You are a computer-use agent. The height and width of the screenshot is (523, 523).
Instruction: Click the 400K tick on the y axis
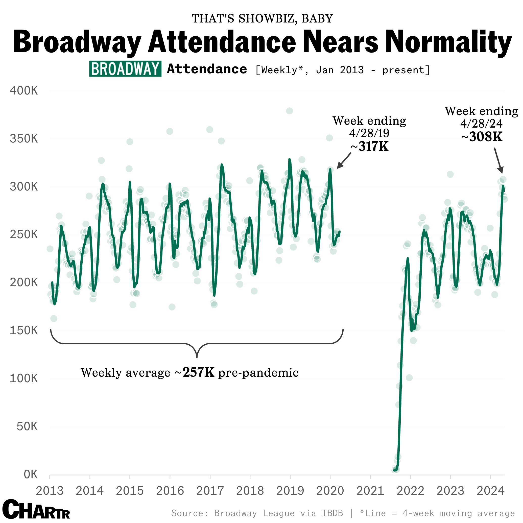click(x=24, y=91)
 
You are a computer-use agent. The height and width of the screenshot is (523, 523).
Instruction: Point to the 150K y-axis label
click(x=24, y=330)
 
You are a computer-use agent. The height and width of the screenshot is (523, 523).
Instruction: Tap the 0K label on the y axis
click(x=30, y=474)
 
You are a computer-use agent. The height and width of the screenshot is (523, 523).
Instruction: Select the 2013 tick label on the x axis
click(x=50, y=491)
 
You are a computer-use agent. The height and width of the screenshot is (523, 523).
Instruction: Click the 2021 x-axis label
click(x=370, y=491)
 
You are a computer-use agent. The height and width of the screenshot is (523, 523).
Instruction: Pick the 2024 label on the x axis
click(x=490, y=491)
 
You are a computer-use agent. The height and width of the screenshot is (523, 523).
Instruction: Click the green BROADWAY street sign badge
click(x=125, y=69)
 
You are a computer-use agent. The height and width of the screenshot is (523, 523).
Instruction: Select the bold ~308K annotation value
click(x=482, y=137)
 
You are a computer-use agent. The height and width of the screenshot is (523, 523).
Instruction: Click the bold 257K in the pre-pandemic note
click(x=198, y=372)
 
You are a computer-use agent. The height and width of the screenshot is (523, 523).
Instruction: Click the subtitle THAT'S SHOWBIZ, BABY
click(x=262, y=18)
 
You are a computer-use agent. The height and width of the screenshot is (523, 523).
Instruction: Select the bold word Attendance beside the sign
click(x=207, y=69)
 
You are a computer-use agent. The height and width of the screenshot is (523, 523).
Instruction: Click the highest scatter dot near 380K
click(x=289, y=111)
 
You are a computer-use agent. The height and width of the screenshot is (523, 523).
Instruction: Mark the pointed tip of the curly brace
click(x=197, y=357)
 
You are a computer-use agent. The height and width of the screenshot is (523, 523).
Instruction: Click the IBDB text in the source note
click(x=332, y=513)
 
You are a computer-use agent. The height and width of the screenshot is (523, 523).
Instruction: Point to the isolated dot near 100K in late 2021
click(x=409, y=378)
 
